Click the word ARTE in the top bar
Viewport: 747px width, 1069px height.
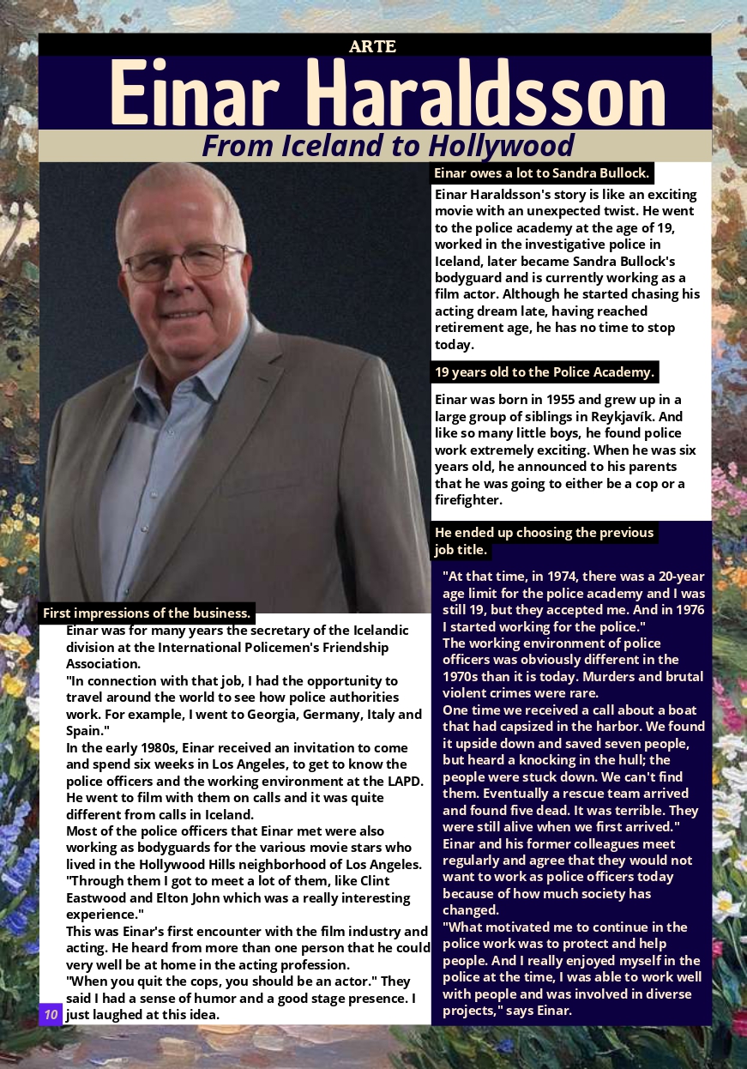click(x=372, y=46)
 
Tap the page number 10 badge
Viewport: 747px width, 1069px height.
click(x=51, y=1015)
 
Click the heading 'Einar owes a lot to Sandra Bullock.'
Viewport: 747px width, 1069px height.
click(x=541, y=173)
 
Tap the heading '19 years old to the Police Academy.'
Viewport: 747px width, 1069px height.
click(x=545, y=372)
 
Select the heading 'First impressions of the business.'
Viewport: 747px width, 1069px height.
click(x=147, y=613)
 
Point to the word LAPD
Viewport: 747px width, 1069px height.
click(x=404, y=781)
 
